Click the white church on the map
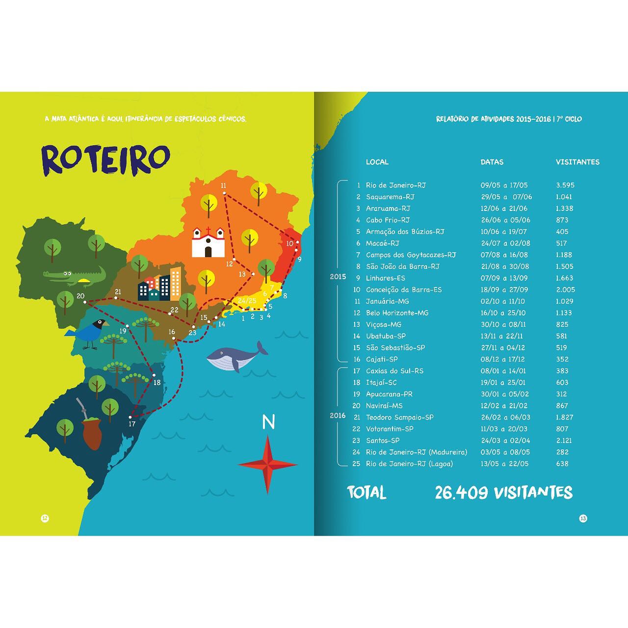[x=208, y=242]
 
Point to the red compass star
[x=268, y=464]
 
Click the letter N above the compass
[x=268, y=422]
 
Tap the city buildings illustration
[x=159, y=285]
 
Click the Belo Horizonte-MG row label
[x=397, y=313]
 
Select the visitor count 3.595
[x=565, y=185]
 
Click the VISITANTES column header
[x=577, y=162]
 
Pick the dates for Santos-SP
[x=505, y=441]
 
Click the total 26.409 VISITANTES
[x=503, y=493]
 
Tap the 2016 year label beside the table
[x=338, y=416]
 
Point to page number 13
[x=583, y=519]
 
